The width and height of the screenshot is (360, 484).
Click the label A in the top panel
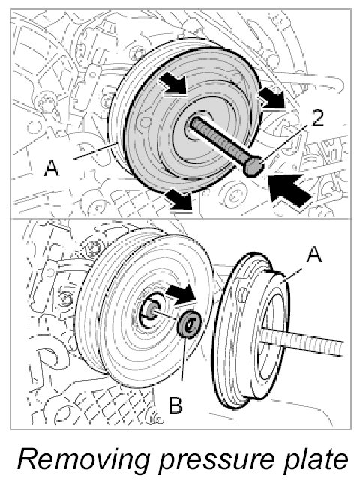click(52, 169)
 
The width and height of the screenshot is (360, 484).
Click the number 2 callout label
click(317, 118)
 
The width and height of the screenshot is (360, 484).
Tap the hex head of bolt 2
click(253, 166)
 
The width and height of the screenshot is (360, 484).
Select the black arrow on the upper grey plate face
click(172, 82)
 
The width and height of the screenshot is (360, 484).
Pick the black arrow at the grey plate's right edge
click(271, 97)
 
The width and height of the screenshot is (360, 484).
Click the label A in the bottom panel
click(313, 255)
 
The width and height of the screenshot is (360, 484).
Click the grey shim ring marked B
click(189, 324)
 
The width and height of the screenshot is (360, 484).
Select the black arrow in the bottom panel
click(181, 294)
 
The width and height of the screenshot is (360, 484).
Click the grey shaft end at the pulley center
click(150, 311)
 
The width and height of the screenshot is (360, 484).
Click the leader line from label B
click(184, 358)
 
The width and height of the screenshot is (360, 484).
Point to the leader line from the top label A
click(96, 151)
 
